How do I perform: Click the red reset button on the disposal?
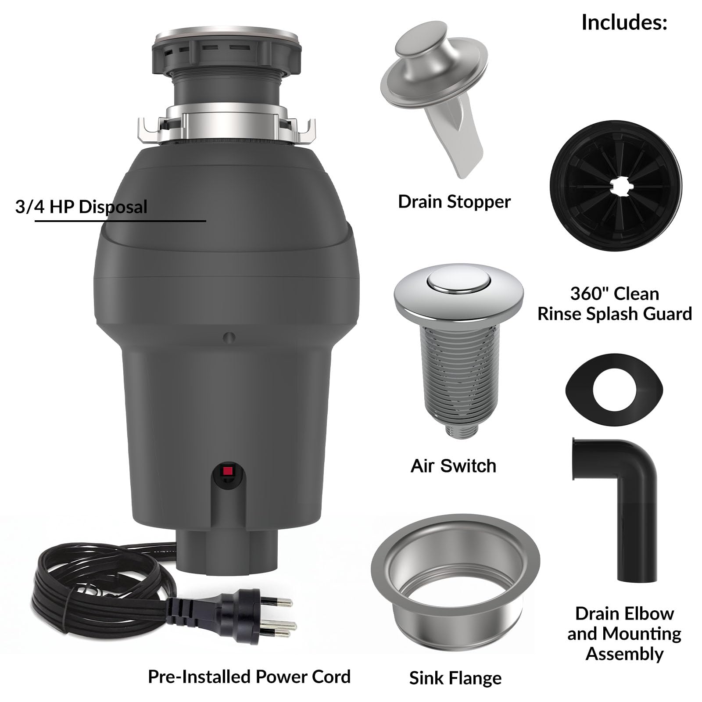(x=227, y=472)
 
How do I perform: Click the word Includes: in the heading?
(x=624, y=22)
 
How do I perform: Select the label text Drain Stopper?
(x=454, y=202)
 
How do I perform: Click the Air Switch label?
(x=453, y=466)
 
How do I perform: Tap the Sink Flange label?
(x=455, y=678)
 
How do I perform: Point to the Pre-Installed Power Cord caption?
(x=249, y=677)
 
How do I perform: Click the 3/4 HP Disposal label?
(x=81, y=207)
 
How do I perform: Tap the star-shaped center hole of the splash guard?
(x=617, y=188)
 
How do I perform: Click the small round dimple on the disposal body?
(x=229, y=337)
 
